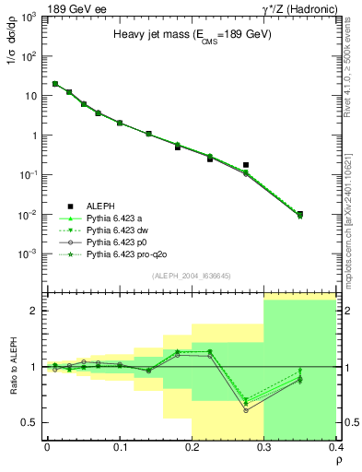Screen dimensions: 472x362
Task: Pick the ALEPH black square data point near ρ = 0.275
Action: click(x=246, y=165)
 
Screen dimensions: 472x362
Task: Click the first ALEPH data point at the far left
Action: click(x=55, y=84)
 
